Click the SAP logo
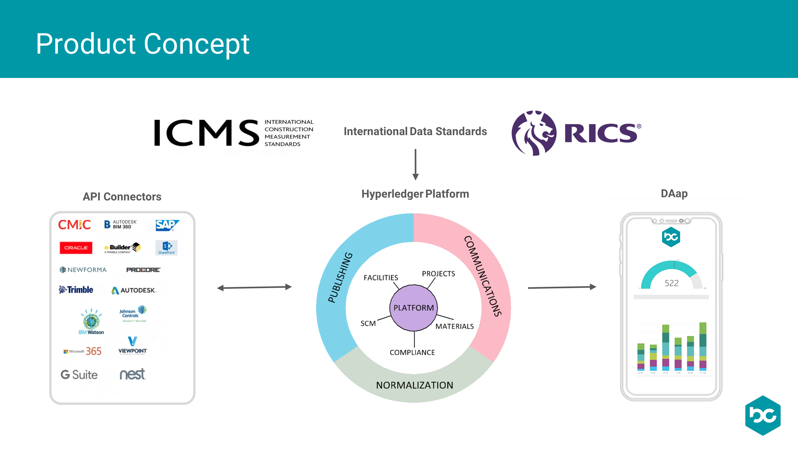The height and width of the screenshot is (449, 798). click(167, 225)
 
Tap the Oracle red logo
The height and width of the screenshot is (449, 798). click(76, 248)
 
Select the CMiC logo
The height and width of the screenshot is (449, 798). click(74, 225)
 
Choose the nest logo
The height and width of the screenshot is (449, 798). click(132, 374)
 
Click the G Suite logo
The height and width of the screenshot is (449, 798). click(79, 375)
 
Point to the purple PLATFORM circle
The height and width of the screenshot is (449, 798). click(414, 308)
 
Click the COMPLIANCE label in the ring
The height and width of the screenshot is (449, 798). click(412, 353)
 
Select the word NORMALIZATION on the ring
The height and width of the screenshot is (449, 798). click(414, 385)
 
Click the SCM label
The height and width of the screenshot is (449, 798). click(368, 323)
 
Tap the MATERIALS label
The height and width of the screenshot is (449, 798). click(454, 326)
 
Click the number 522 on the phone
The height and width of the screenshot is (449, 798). click(671, 283)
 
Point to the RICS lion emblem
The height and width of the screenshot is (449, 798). click(534, 133)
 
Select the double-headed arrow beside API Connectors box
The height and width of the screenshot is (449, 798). click(254, 288)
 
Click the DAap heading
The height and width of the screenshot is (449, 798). click(674, 194)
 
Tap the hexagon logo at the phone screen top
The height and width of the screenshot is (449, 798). click(671, 237)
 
